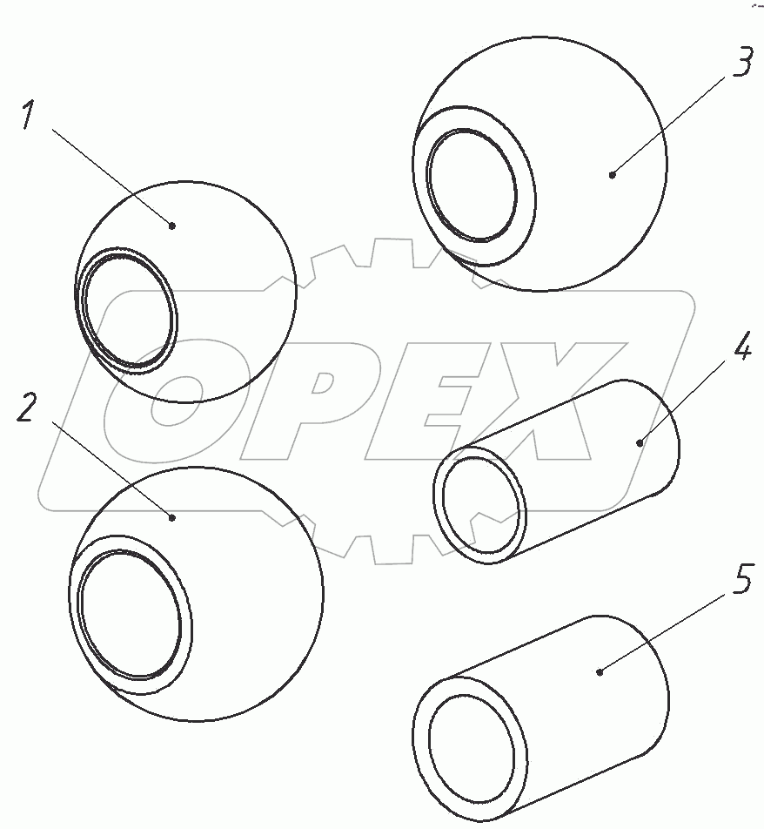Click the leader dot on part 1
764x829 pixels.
coord(171,226)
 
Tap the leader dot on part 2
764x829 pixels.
coord(171,517)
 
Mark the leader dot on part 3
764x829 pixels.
coord(613,174)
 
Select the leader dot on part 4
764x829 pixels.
coord(640,442)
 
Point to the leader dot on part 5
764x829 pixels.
coord(600,672)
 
